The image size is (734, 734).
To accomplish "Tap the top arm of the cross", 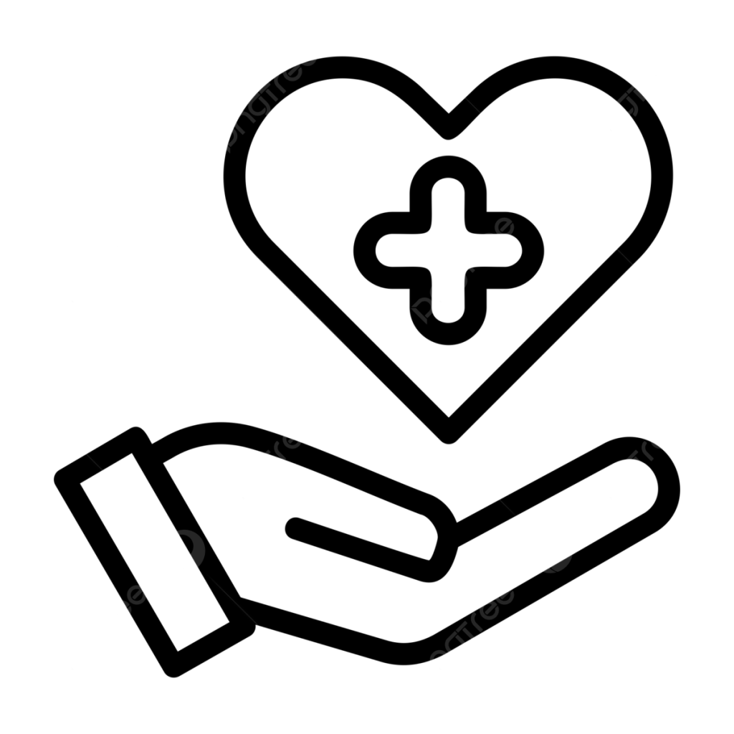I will tap(449, 189).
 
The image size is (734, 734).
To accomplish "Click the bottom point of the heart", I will tap(449, 426).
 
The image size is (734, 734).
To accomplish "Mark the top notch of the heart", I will tap(449, 125).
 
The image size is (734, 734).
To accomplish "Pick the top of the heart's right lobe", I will tap(566, 66).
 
